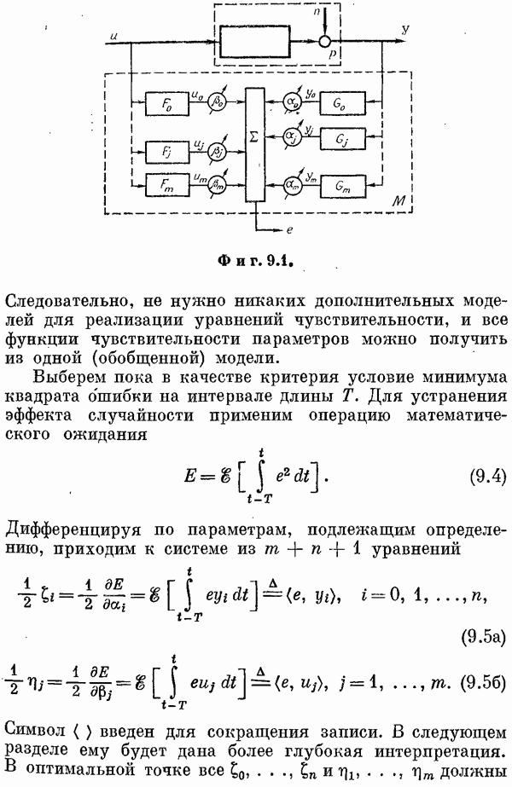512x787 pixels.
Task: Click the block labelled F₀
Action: pyautogui.click(x=166, y=103)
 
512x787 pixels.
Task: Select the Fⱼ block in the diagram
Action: pyautogui.click(x=166, y=152)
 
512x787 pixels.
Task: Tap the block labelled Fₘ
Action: pyautogui.click(x=166, y=185)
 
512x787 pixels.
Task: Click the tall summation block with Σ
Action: pyautogui.click(x=254, y=146)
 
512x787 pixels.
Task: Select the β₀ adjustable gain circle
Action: pyautogui.click(x=218, y=101)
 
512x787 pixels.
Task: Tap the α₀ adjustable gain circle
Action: pyautogui.click(x=290, y=101)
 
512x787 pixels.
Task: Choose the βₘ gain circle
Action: pyautogui.click(x=218, y=184)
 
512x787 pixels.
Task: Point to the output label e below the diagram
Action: pyautogui.click(x=289, y=231)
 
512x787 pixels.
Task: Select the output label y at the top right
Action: pyautogui.click(x=405, y=30)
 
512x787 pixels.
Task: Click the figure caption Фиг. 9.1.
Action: pyautogui.click(x=255, y=261)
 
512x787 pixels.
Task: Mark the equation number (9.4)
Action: pyautogui.click(x=487, y=476)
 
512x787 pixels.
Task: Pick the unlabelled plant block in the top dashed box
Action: pyautogui.click(x=255, y=42)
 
